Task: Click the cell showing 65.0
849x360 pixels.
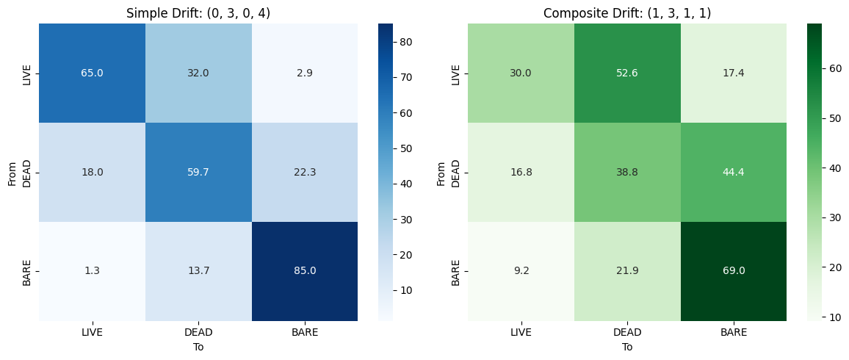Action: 92,73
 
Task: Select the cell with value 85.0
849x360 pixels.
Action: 305,270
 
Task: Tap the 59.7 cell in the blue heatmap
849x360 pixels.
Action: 198,172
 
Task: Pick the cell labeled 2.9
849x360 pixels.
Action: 305,73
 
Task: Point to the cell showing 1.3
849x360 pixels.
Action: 92,270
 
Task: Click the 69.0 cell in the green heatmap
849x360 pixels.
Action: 734,270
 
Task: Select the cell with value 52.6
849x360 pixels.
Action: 627,73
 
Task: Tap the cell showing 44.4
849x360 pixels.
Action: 734,172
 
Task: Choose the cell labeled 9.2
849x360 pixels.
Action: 521,270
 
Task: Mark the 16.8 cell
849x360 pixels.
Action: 521,172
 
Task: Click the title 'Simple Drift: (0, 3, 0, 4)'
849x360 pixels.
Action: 198,13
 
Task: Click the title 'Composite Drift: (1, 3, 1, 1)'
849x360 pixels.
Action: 627,13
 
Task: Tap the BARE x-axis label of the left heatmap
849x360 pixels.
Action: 305,332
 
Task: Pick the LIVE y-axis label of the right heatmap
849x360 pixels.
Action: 456,73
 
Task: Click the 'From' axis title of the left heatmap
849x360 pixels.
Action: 12,172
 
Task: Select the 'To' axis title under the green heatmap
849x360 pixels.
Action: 627,347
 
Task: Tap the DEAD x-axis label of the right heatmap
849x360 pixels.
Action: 627,332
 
